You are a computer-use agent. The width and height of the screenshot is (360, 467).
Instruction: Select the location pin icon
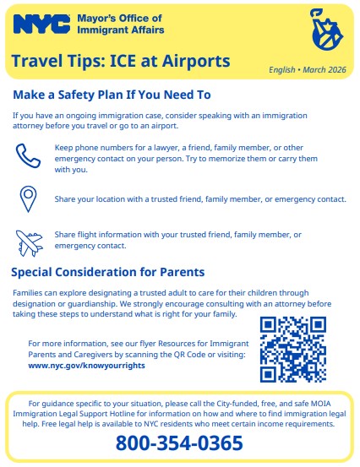(28, 198)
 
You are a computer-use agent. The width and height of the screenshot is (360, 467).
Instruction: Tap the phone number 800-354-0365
(179, 443)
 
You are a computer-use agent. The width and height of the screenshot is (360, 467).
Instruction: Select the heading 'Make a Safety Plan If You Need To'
(112, 94)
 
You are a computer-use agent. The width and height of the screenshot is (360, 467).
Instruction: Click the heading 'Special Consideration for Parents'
(107, 272)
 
